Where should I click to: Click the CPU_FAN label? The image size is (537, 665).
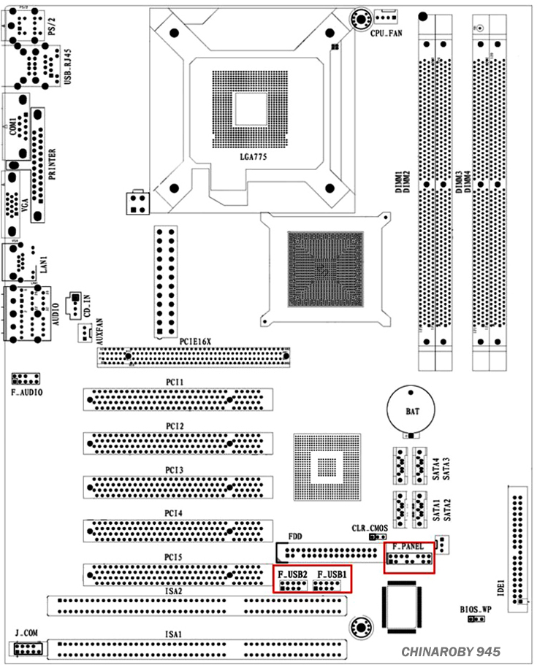(386, 34)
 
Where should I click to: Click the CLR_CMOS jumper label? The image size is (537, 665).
(370, 528)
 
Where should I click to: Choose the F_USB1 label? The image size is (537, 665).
(330, 574)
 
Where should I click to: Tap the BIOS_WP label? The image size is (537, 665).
(476, 608)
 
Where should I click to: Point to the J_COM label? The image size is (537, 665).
(25, 631)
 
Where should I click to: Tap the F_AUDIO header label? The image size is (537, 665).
(26, 392)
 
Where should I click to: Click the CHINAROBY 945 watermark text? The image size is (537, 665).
(450, 651)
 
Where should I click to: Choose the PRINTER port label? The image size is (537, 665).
(52, 164)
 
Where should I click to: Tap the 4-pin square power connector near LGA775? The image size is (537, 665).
(137, 203)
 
